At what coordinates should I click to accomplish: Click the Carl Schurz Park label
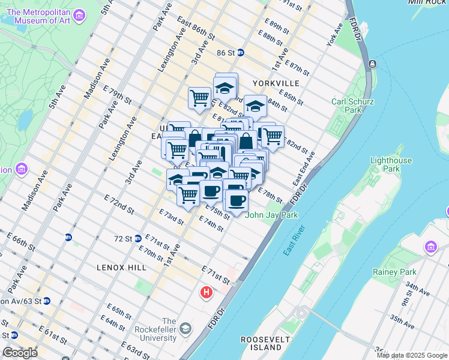(x=346, y=106)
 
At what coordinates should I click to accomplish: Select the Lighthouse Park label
(x=391, y=164)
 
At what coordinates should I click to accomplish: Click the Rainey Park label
(x=415, y=272)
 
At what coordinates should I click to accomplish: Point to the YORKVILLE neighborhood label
(x=276, y=83)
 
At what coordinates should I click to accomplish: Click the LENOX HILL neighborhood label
(x=121, y=267)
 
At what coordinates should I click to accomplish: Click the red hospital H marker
(x=206, y=293)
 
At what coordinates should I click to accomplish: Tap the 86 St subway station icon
(x=240, y=52)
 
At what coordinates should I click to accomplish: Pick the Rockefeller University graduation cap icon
(x=185, y=328)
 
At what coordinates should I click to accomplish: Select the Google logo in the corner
(x=20, y=353)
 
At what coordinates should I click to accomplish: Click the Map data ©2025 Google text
(x=412, y=355)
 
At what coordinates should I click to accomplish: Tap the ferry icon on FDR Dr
(x=372, y=64)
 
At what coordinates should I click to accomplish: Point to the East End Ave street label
(x=304, y=169)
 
